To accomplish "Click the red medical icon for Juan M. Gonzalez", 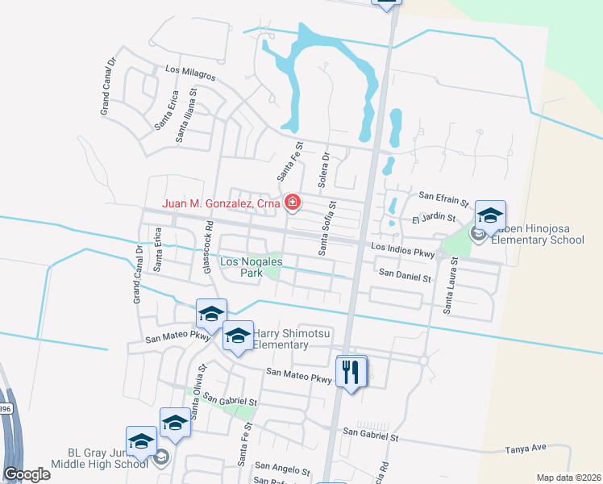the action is tap(293, 203).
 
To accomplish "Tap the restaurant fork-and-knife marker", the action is tap(351, 372).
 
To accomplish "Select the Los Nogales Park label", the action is tap(242, 267).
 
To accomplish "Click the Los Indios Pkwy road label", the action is tap(403, 250).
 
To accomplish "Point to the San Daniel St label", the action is tap(405, 277).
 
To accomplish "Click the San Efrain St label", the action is tap(444, 196).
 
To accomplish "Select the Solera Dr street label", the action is tap(323, 170).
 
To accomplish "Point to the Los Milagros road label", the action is tap(190, 73).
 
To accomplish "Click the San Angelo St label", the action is tap(282, 468).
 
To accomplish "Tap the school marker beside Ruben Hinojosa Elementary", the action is tap(489, 215).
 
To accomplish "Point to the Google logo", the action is tap(27, 474).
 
